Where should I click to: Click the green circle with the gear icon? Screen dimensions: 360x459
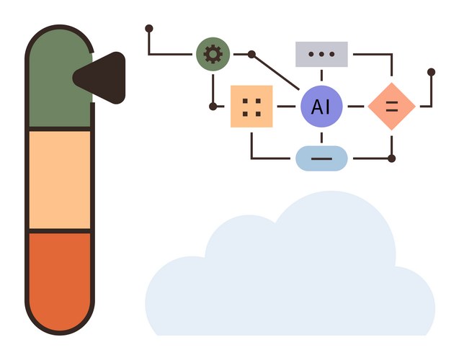[213, 54]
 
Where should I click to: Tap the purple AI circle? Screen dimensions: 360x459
[321, 106]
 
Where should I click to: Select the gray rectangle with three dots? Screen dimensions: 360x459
[321, 54]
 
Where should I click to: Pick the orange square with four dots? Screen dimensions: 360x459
[251, 106]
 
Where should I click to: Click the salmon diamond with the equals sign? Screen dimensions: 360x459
[392, 106]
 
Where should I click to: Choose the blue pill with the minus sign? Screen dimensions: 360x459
[321, 158]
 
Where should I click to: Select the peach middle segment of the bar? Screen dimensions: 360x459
[59, 179]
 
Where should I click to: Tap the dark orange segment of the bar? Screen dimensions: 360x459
[61, 277]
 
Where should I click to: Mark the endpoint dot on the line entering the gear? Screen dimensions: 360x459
[149, 29]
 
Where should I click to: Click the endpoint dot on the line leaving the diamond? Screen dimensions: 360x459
[431, 72]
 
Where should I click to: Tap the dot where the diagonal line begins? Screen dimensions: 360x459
[251, 54]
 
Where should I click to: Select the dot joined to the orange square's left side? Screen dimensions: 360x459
[213, 106]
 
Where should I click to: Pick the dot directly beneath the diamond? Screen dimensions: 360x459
[391, 158]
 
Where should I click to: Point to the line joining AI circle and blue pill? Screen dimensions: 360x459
[321, 137]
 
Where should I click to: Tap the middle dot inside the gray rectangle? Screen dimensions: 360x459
[321, 54]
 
